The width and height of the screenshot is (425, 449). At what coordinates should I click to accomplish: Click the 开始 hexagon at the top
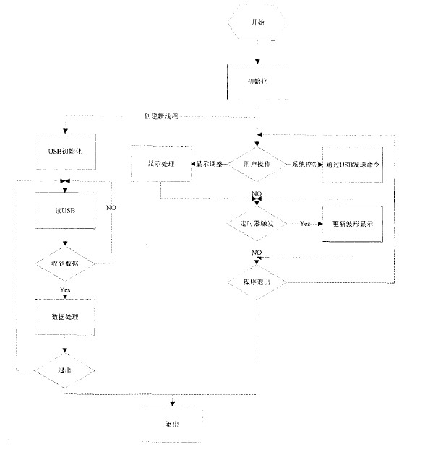pyautogui.click(x=258, y=22)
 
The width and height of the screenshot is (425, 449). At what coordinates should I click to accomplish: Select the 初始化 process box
pyautogui.click(x=258, y=81)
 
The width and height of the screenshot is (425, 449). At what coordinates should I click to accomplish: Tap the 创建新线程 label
pyautogui.click(x=166, y=115)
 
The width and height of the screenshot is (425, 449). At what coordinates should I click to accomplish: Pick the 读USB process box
pyautogui.click(x=66, y=212)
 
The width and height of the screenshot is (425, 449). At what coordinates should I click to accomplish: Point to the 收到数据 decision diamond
pyautogui.click(x=66, y=264)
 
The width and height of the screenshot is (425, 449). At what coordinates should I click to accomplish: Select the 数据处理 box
pyautogui.click(x=66, y=317)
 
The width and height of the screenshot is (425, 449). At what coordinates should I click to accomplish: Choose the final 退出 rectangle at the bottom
pyautogui.click(x=172, y=424)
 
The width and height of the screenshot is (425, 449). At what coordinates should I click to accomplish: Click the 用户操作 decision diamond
pyautogui.click(x=258, y=165)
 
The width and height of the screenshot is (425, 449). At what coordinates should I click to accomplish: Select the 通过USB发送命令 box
pyautogui.click(x=353, y=165)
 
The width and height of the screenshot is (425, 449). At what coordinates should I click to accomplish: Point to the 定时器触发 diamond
pyautogui.click(x=258, y=224)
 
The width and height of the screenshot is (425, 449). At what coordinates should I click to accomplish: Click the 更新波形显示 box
pyautogui.click(x=353, y=224)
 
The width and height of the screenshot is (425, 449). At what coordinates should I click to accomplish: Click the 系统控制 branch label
pyautogui.click(x=306, y=165)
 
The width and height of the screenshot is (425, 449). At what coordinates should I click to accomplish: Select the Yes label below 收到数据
pyautogui.click(x=65, y=290)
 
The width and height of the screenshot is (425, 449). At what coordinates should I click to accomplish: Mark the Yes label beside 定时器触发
pyautogui.click(x=305, y=224)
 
